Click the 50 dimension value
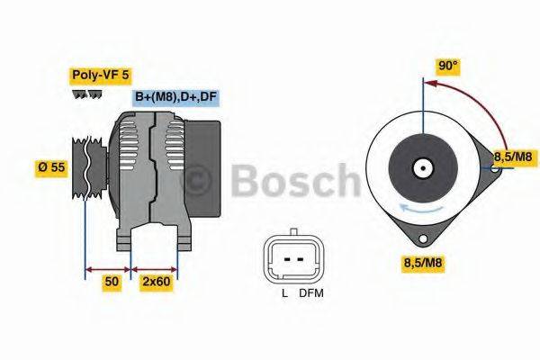pyautogui.click(x=111, y=282)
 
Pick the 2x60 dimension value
pyautogui.click(x=156, y=282)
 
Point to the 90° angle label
pyautogui.click(x=448, y=66)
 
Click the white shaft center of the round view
pyautogui.click(x=421, y=167)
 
